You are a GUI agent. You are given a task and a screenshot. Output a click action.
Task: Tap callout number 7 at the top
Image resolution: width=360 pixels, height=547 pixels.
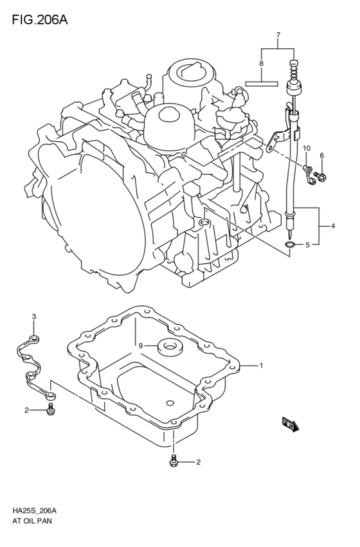point(278,34)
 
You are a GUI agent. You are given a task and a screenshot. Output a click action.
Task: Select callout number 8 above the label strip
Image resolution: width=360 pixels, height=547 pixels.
point(261,64)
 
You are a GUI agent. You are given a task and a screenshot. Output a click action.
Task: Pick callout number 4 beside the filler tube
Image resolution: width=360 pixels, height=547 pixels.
point(333,226)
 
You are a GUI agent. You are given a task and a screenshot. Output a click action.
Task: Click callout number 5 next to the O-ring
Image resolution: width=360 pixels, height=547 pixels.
point(307,245)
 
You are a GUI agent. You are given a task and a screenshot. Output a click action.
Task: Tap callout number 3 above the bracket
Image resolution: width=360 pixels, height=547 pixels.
point(34,316)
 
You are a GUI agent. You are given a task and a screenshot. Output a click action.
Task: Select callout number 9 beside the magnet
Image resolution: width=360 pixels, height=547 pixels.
point(139,346)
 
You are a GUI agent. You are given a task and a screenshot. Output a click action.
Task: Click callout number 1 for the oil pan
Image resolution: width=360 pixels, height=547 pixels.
point(261,366)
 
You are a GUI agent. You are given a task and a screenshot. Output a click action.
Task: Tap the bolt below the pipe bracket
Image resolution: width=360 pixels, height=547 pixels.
point(51,410)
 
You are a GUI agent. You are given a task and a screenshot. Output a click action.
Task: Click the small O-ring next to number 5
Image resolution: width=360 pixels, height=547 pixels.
point(290,246)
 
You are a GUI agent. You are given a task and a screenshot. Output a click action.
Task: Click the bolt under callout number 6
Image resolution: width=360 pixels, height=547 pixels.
point(321,174)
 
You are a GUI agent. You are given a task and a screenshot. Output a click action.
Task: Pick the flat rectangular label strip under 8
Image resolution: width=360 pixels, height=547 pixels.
point(262,83)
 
